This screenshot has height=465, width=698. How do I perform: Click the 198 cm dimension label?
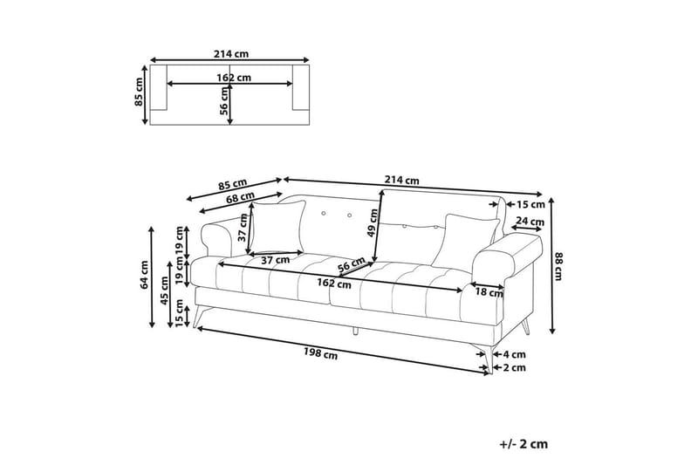click(x=320, y=353)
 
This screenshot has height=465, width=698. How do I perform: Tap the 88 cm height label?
click(x=558, y=266)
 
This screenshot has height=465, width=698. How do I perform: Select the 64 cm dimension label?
click(x=144, y=275)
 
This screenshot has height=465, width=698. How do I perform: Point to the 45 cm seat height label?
click(x=164, y=291)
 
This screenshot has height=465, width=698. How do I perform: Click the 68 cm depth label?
click(x=241, y=197)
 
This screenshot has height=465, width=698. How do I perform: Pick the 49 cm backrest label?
click(x=373, y=223)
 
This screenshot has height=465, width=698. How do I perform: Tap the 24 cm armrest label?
click(x=530, y=221)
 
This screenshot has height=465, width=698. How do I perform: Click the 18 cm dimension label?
click(x=489, y=292)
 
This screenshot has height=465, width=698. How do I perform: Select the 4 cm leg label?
click(x=514, y=355)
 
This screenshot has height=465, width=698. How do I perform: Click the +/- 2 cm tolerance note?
click(x=523, y=444)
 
